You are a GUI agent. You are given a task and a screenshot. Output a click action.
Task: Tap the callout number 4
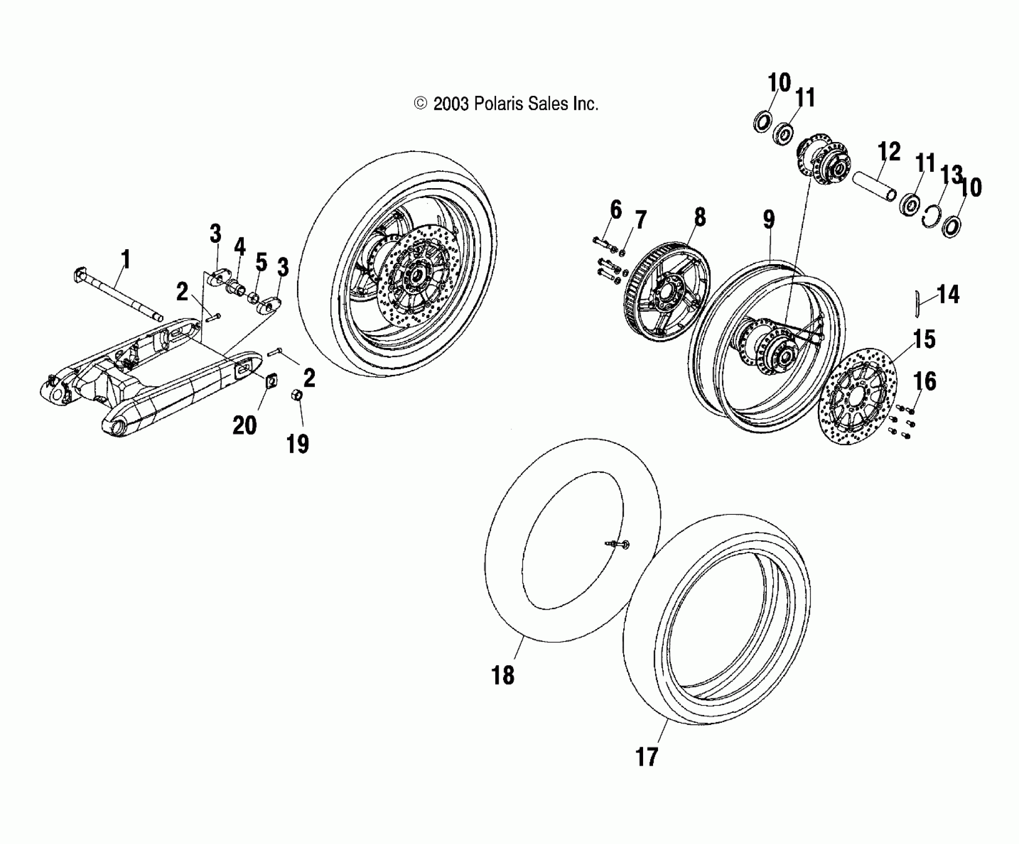tap(239, 247)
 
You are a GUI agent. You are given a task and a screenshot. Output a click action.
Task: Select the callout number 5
tap(262, 262)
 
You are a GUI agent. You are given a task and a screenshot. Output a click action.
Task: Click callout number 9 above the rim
tap(768, 219)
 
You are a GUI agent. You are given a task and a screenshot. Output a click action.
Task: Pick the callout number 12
tap(889, 152)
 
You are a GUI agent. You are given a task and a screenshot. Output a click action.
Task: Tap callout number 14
tap(948, 294)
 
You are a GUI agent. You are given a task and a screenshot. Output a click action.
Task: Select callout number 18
tap(503, 676)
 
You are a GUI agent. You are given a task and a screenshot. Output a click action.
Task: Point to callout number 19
tap(297, 443)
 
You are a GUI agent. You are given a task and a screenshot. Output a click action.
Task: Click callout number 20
tap(245, 426)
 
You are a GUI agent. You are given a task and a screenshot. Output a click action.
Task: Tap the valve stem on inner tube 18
tap(618, 545)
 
